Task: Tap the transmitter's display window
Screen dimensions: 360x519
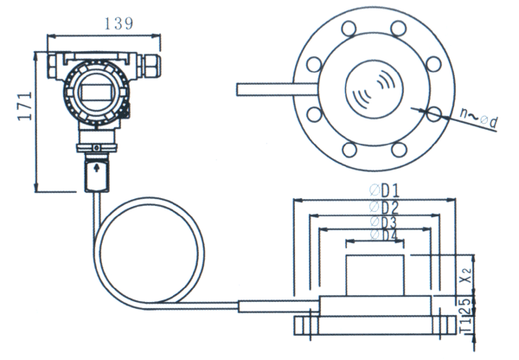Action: pyautogui.click(x=93, y=89)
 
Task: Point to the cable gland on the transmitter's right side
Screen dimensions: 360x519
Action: pyautogui.click(x=154, y=63)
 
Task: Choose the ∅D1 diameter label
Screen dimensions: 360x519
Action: pyautogui.click(x=383, y=190)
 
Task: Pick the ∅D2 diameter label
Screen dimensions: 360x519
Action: pyautogui.click(x=383, y=206)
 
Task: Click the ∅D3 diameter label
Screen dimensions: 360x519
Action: pyautogui.click(x=383, y=221)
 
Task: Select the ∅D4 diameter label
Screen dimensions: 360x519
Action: pyautogui.click(x=383, y=235)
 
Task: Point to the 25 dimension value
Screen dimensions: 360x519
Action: pyautogui.click(x=465, y=304)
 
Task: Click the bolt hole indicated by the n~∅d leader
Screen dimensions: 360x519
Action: pyautogui.click(x=432, y=112)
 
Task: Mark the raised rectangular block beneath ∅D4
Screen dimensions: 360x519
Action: pyautogui.click(x=376, y=275)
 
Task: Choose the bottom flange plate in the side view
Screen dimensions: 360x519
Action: pyautogui.click(x=376, y=325)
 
